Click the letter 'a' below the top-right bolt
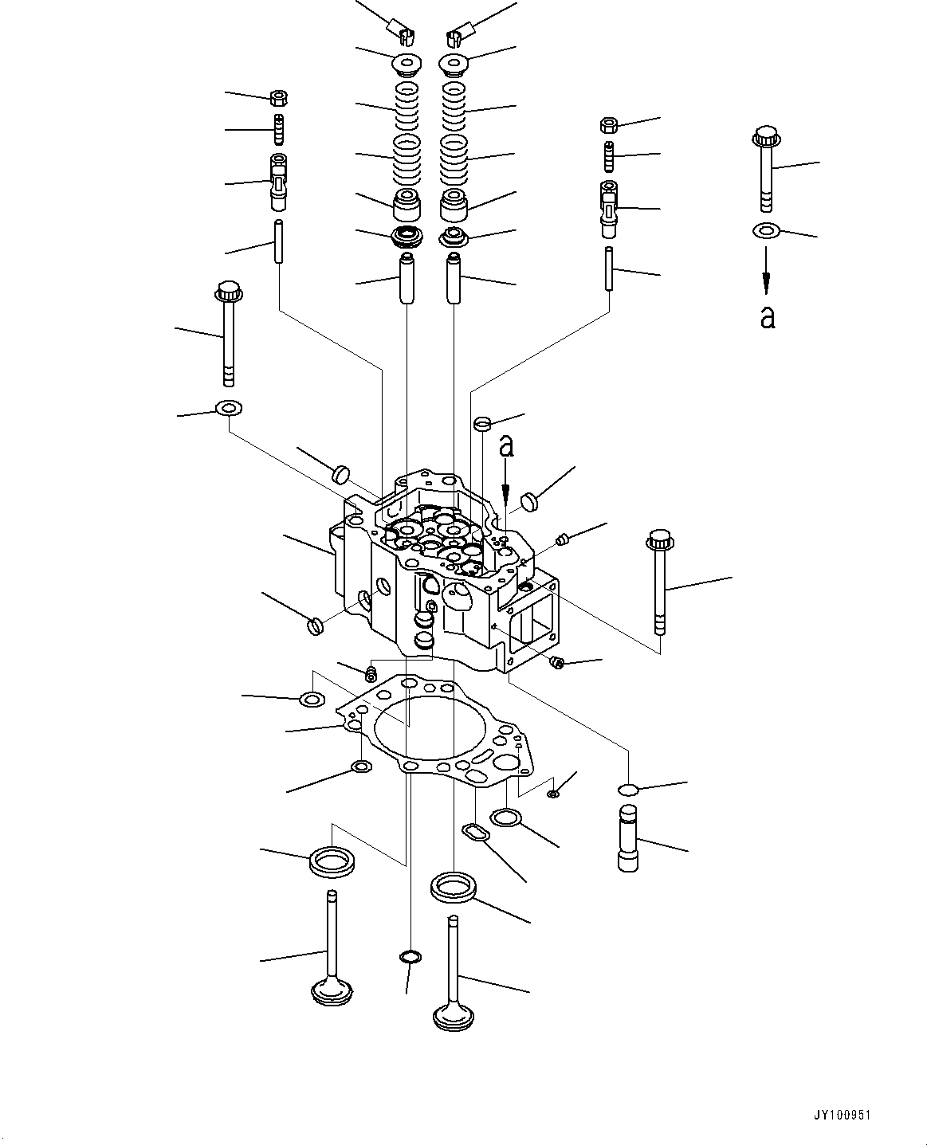[767, 317]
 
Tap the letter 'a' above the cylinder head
[506, 446]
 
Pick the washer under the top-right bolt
[766, 231]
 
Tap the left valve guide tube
[407, 276]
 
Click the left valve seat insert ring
[332, 862]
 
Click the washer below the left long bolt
[229, 409]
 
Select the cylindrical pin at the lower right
[629, 838]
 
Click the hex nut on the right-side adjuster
[608, 125]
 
